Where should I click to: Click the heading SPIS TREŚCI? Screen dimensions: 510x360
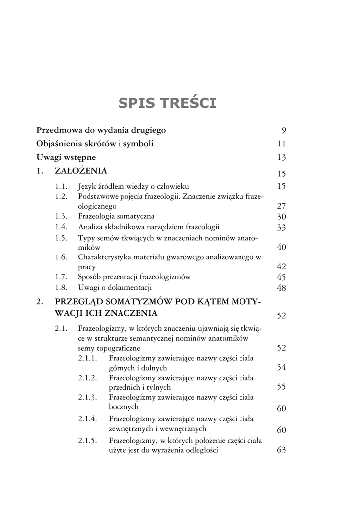[167, 103]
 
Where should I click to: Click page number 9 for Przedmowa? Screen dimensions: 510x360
[283, 131]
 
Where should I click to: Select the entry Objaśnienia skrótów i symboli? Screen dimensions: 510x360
[95, 144]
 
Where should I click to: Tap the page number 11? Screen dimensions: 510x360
[281, 144]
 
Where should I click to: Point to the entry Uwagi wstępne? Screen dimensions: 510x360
[66, 157]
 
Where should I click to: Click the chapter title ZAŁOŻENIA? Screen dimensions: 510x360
[81, 171]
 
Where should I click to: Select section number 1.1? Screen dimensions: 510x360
[61, 186]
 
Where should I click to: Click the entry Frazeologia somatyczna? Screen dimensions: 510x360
[116, 216]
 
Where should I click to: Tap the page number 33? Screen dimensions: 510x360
[281, 228]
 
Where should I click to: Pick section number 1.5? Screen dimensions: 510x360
[61, 238]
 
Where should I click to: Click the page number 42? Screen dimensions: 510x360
[281, 267]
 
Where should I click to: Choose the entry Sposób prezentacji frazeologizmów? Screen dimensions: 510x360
[134, 277]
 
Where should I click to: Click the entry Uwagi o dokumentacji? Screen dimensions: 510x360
[115, 287]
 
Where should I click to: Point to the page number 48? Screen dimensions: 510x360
[281, 288]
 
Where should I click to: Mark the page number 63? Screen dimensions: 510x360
[281, 450]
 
